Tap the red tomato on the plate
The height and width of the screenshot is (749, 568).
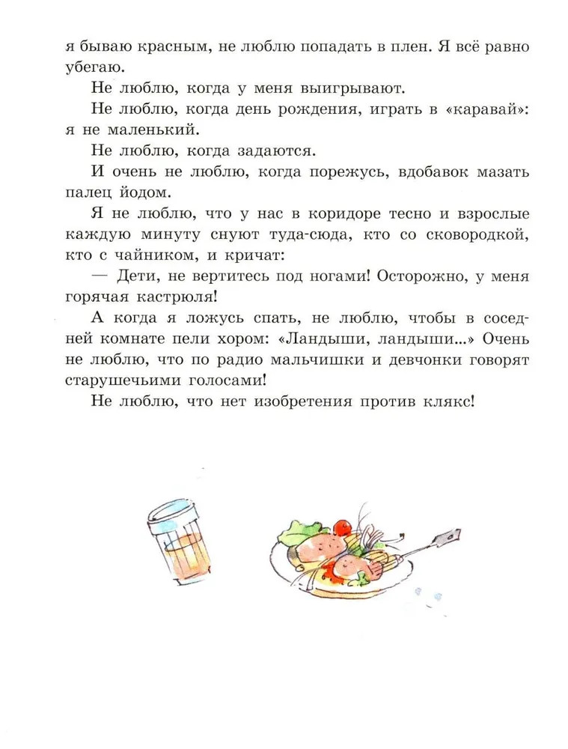pos(342,526)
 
